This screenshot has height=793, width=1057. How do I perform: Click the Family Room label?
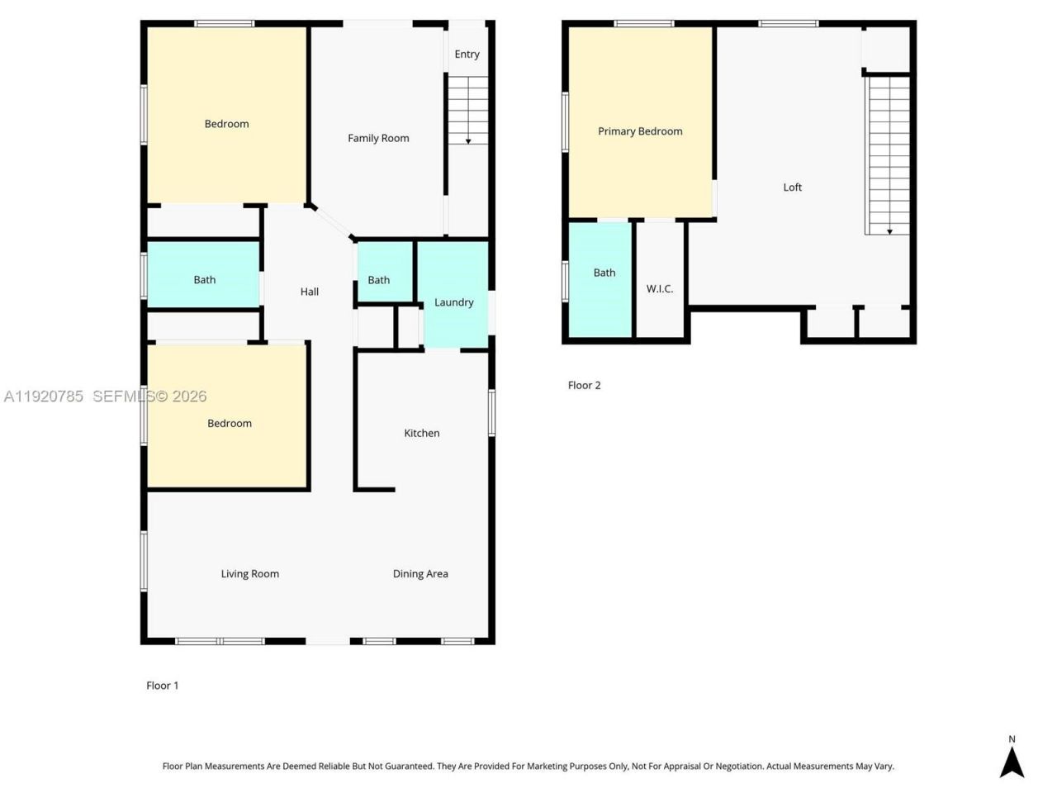(x=378, y=138)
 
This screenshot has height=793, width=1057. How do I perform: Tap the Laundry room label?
(x=453, y=302)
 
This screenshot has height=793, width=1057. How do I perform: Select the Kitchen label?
(x=421, y=433)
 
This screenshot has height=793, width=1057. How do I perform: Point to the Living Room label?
(x=249, y=573)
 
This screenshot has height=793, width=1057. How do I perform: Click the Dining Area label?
(x=420, y=573)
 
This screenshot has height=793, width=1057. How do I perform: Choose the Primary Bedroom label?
(x=640, y=131)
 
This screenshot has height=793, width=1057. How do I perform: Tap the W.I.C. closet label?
(x=659, y=288)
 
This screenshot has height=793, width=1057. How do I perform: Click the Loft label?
(x=792, y=188)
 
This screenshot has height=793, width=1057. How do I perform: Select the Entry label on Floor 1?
(x=467, y=55)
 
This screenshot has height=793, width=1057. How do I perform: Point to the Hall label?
(x=310, y=292)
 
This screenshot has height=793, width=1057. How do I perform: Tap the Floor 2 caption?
(x=584, y=385)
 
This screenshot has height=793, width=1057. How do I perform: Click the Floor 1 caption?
(x=162, y=685)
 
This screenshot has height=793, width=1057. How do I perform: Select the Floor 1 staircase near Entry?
(x=468, y=111)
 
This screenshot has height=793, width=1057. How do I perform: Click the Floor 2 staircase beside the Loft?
(x=889, y=155)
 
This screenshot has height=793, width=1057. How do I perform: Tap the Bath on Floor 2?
(x=604, y=273)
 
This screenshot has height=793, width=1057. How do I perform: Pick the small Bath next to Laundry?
(x=378, y=280)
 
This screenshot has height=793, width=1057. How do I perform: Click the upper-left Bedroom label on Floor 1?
(x=226, y=124)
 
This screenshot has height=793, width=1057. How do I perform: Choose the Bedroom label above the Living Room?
(x=229, y=423)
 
